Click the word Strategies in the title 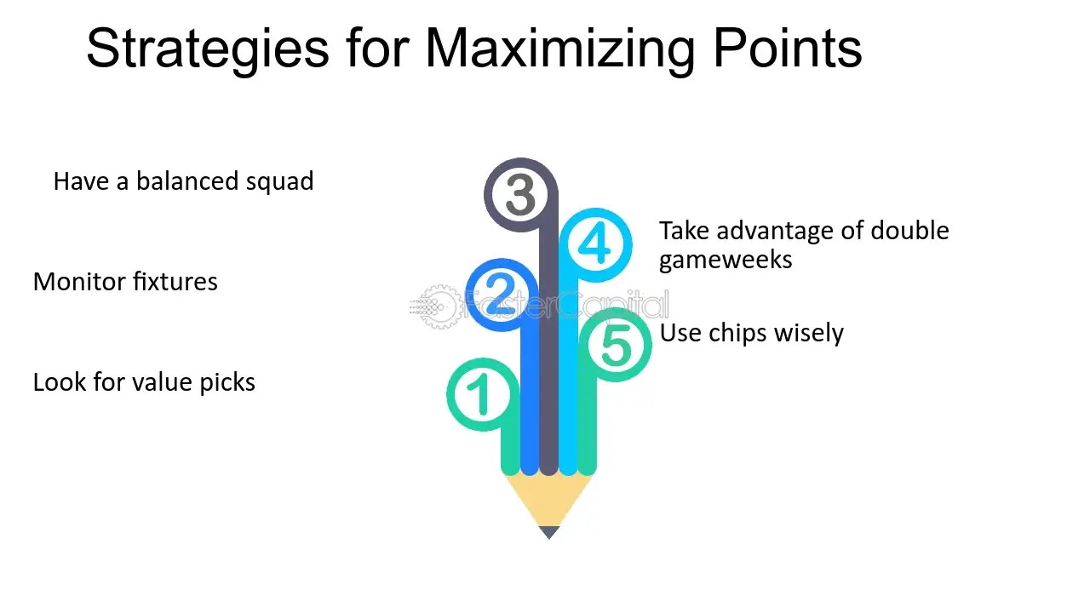click(x=208, y=49)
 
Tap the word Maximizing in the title click(x=560, y=49)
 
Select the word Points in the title click(x=788, y=49)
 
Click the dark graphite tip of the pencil click(x=549, y=532)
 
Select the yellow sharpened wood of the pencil click(x=549, y=499)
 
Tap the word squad click(x=280, y=182)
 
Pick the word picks click(x=227, y=383)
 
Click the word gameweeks click(x=726, y=261)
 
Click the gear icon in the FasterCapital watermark click(x=439, y=306)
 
